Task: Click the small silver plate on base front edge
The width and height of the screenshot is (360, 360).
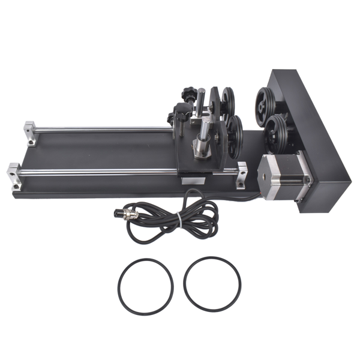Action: pyautogui.click(x=194, y=179)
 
